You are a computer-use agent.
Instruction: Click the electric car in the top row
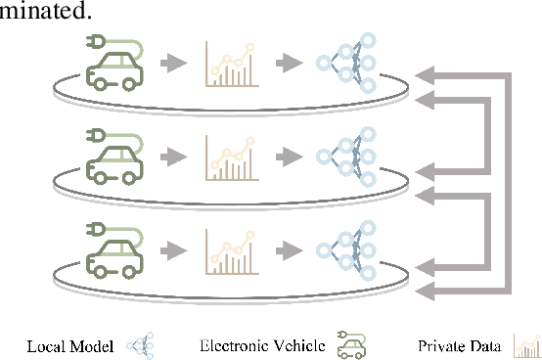point(116,66)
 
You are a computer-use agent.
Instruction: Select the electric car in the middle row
point(116,158)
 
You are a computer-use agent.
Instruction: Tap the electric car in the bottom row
point(116,251)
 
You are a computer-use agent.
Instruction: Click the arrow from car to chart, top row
point(173,64)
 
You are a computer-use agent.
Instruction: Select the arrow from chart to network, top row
point(288,64)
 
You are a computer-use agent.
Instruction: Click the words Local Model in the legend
point(69,345)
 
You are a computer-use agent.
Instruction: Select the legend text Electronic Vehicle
point(262,345)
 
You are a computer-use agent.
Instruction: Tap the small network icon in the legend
point(140,344)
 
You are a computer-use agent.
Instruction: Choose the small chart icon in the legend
point(526,344)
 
